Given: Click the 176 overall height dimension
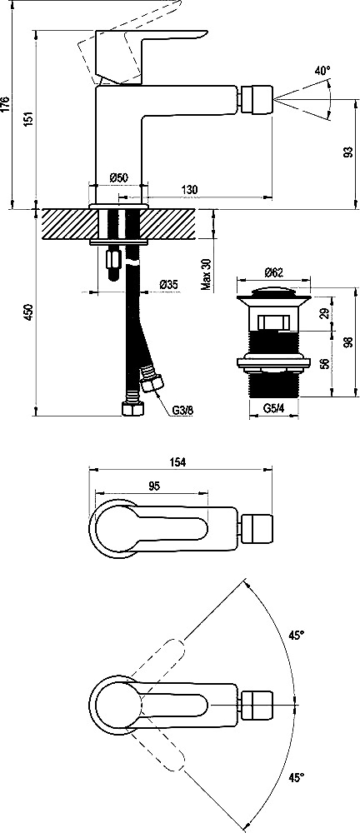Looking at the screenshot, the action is [x=5, y=104].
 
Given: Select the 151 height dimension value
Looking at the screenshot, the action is [x=29, y=118].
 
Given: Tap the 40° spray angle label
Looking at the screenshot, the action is [x=322, y=70].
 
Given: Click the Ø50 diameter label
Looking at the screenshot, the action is [x=118, y=178].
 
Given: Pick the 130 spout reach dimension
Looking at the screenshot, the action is [x=190, y=189].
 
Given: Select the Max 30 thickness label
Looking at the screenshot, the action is [x=207, y=275].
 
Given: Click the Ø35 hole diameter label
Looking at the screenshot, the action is [x=168, y=285].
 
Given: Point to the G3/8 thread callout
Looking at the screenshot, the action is [x=182, y=410].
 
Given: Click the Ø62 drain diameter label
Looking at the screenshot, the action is [x=272, y=272].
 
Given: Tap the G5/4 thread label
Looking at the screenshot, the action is [x=274, y=408].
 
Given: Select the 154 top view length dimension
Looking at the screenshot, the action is [x=177, y=462].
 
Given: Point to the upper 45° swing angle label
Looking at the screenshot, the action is [x=297, y=635].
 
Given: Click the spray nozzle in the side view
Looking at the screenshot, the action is [x=256, y=99].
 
